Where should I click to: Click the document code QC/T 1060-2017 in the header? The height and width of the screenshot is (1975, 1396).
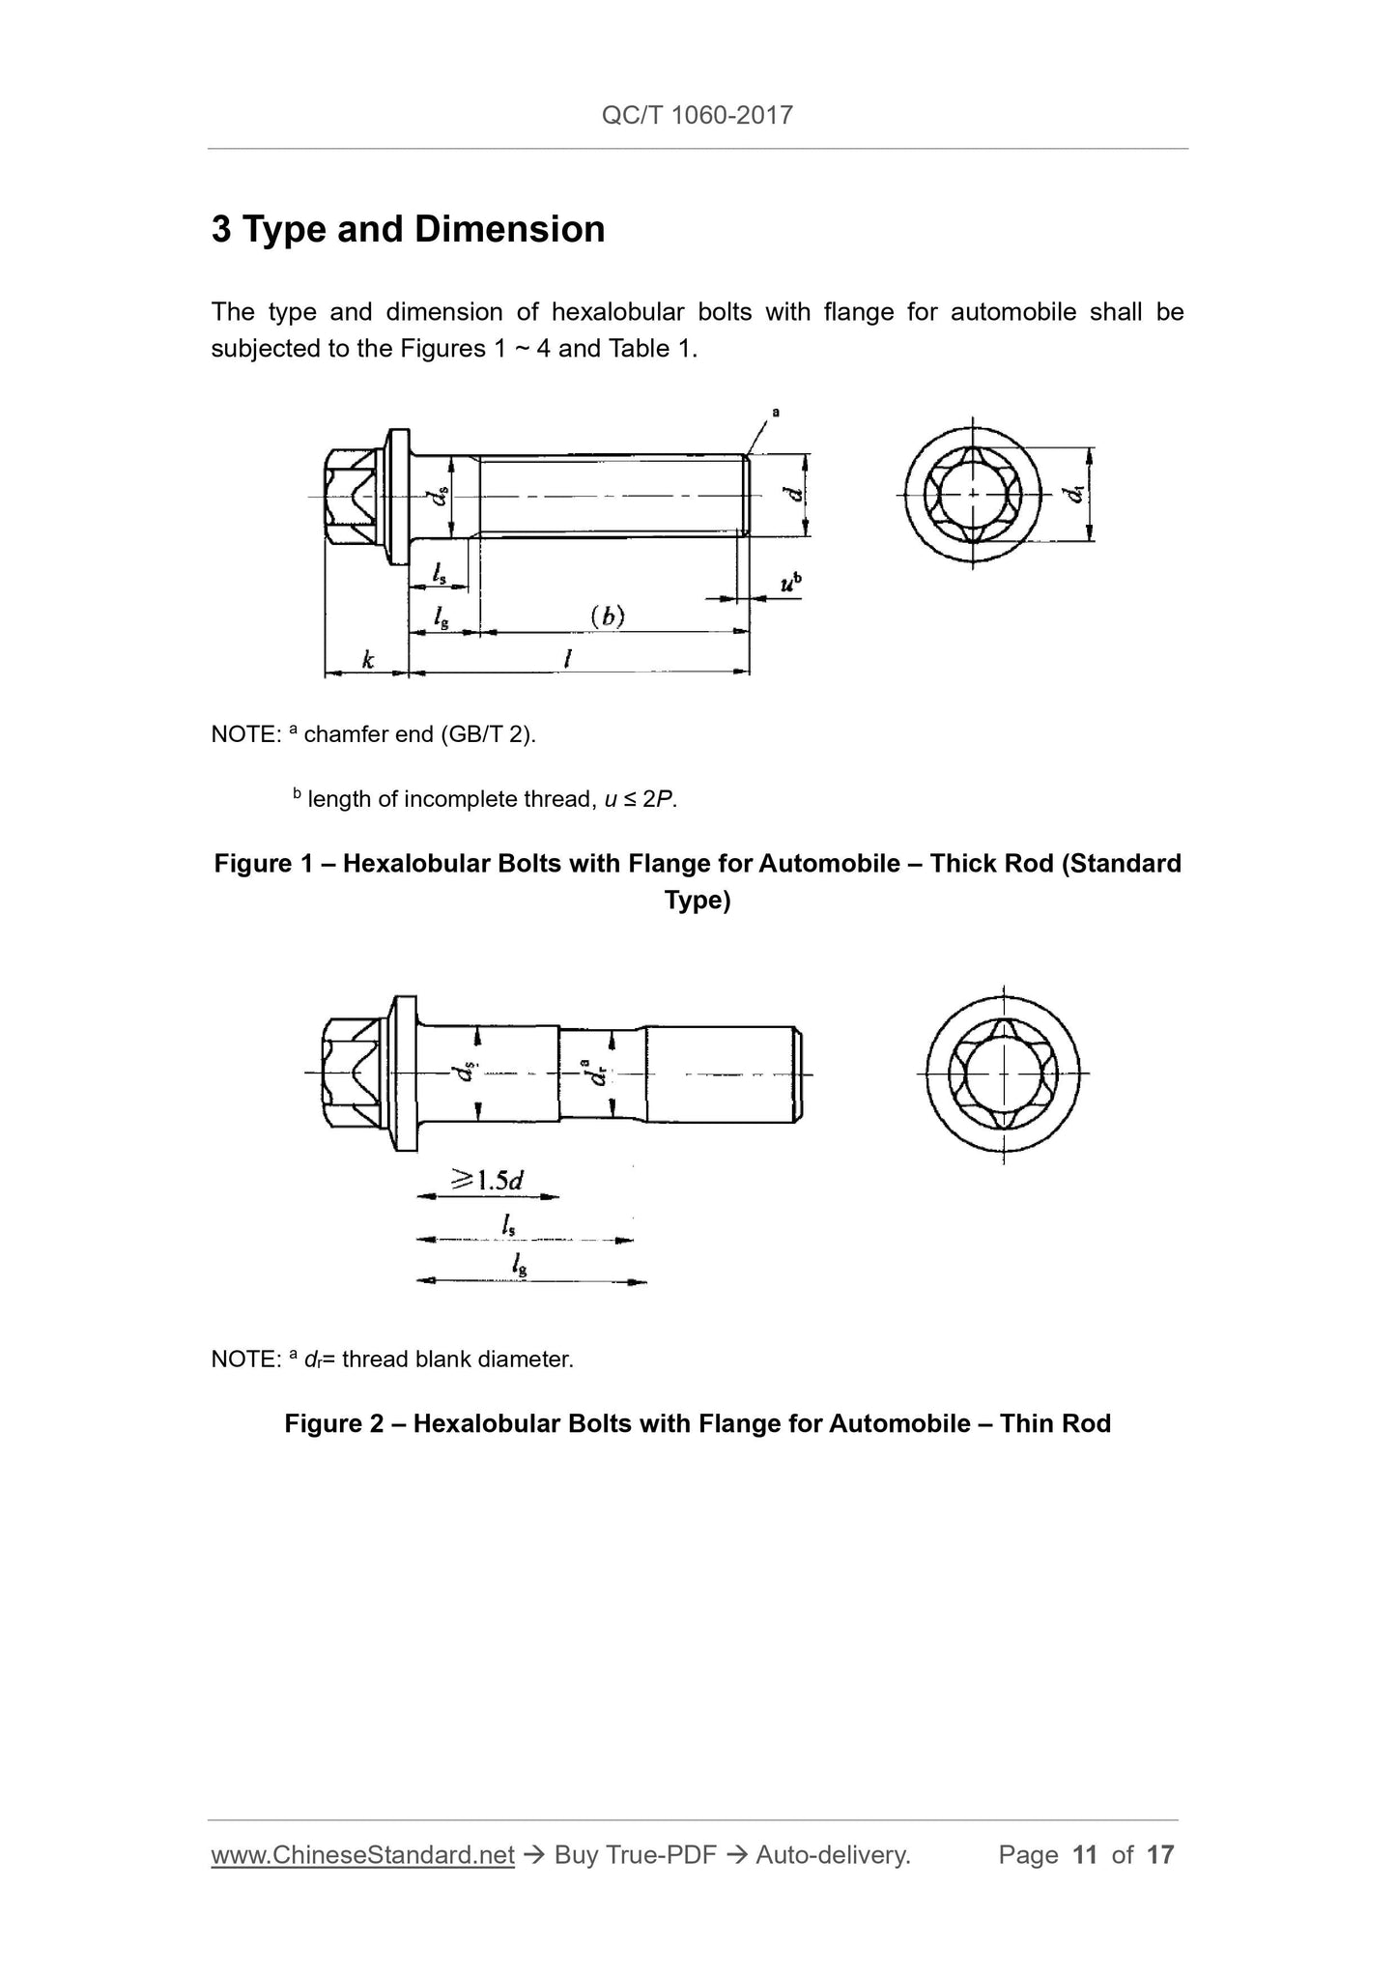697,116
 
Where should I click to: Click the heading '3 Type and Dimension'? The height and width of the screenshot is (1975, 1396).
408,230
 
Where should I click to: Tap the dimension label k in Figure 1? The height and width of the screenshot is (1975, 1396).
367,660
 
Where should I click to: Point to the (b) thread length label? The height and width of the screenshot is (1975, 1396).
608,615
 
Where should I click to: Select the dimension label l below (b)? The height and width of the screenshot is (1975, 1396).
568,659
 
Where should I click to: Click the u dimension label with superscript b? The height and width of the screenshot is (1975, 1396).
790,583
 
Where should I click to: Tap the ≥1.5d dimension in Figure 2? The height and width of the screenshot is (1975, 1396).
488,1180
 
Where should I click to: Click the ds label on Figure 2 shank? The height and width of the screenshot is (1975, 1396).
468,1073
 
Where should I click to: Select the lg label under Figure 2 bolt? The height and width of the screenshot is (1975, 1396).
520,1265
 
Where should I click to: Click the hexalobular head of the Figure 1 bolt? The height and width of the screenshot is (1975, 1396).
352,496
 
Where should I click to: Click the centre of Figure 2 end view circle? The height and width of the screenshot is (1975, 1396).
1003,1073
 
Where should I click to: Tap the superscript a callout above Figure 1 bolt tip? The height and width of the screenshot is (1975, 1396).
775,413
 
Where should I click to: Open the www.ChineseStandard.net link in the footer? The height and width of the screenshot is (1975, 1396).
362,1854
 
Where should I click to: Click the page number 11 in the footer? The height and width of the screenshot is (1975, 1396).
1085,1854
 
